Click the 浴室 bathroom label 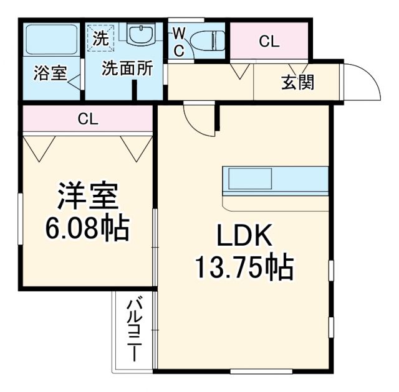(x=50, y=73)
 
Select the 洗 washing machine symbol (x=100, y=37)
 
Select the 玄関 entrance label (x=297, y=82)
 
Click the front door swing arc (x=365, y=81)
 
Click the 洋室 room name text (x=87, y=197)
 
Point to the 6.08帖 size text (x=87, y=228)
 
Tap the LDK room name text (x=244, y=236)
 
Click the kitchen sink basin (x=249, y=179)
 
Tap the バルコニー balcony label (x=134, y=330)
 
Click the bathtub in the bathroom (x=51, y=40)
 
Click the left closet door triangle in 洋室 (x=41, y=148)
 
